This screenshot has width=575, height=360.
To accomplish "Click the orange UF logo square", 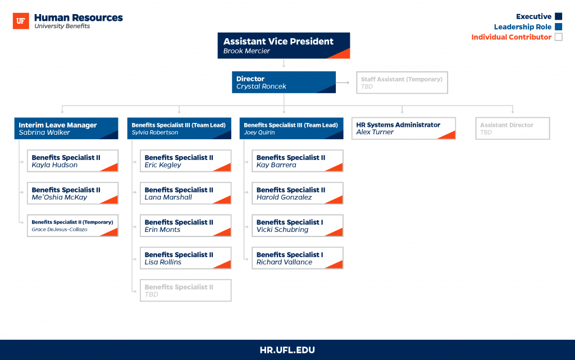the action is click(x=21, y=21).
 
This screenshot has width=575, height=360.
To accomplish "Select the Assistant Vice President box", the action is click(x=284, y=45).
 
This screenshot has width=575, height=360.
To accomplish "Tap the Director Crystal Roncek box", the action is click(x=284, y=82).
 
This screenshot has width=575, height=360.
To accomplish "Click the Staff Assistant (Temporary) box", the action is click(x=402, y=83).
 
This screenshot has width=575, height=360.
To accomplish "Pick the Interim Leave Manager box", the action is click(x=66, y=128).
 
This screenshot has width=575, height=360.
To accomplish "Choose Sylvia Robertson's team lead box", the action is click(x=179, y=128).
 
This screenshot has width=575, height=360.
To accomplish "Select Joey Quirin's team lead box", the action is click(x=291, y=128).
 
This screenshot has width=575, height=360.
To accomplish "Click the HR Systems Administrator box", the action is click(x=403, y=128).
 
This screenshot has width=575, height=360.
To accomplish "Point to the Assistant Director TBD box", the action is click(x=512, y=128).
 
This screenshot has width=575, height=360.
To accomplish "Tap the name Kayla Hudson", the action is click(x=54, y=165).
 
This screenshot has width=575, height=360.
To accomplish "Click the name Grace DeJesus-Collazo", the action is click(x=60, y=230).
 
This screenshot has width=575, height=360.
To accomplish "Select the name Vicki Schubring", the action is click(x=282, y=230).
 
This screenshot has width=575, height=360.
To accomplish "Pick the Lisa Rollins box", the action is click(x=185, y=258).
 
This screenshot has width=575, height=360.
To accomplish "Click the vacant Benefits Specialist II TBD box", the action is click(x=185, y=290).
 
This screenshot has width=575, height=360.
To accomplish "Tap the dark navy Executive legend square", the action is click(x=559, y=16).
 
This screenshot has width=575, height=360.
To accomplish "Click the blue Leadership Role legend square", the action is click(x=559, y=26).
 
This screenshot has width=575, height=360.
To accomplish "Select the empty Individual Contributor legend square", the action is click(x=559, y=37).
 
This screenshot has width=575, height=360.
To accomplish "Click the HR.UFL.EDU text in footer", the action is click(x=287, y=350).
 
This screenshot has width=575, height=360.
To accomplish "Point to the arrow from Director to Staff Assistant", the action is click(x=343, y=83).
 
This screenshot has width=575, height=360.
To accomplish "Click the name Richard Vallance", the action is click(x=284, y=262).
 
